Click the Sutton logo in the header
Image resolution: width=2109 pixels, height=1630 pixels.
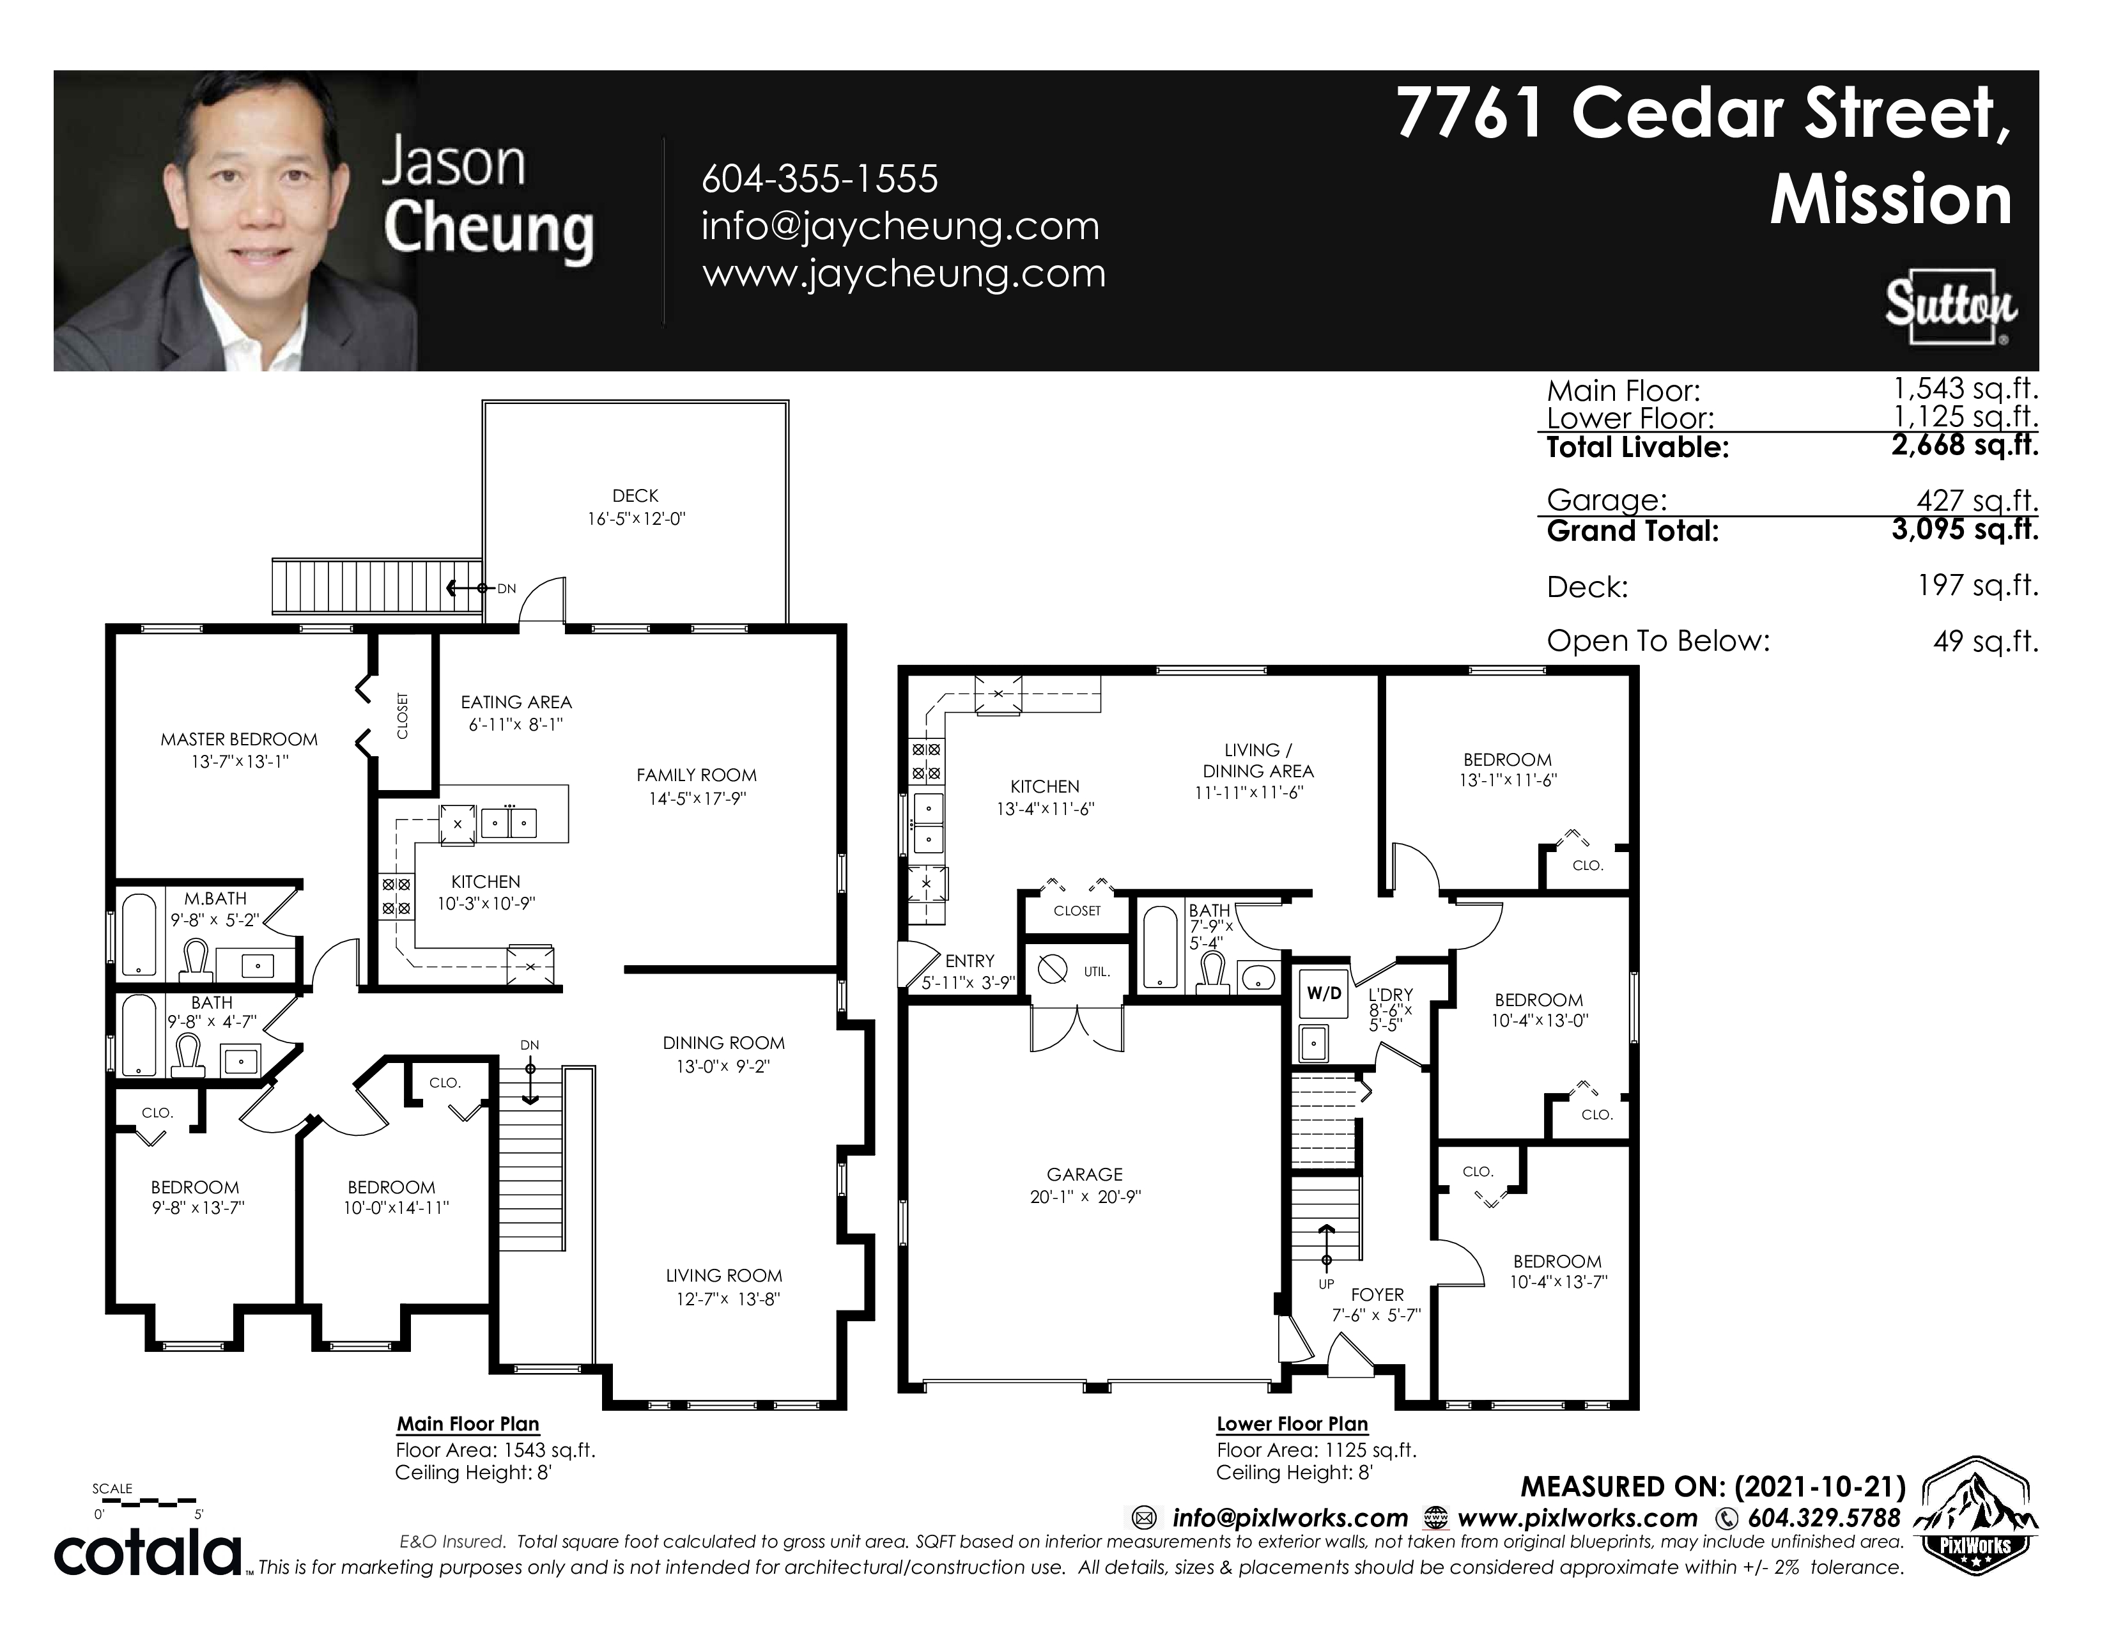[x=1950, y=307]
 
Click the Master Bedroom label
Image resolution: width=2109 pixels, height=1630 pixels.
[x=238, y=740]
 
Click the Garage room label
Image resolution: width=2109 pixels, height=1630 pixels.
[x=1085, y=1174]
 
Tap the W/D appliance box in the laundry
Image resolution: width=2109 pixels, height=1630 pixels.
[x=1324, y=993]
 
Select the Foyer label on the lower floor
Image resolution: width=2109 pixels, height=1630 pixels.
[x=1377, y=1295]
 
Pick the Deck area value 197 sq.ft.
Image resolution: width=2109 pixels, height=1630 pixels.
[x=1979, y=585]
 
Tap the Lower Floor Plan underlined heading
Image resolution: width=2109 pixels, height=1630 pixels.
[x=1292, y=1424]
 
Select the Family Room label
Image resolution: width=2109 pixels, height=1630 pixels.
[x=696, y=775]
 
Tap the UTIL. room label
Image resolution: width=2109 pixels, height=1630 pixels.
[x=1096, y=972]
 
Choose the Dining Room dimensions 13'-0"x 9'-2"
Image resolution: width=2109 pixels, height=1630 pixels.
[x=723, y=1067]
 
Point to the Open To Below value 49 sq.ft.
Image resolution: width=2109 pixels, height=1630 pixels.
[x=1986, y=640]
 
